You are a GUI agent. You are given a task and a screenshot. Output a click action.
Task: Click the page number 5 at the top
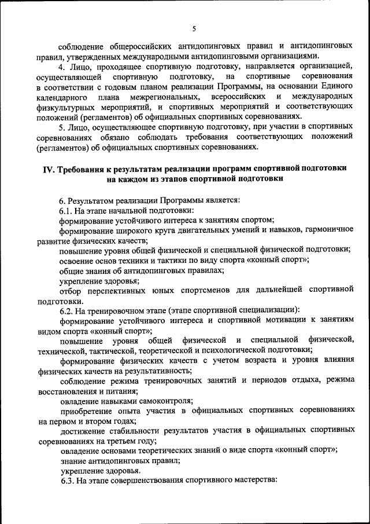194,29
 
